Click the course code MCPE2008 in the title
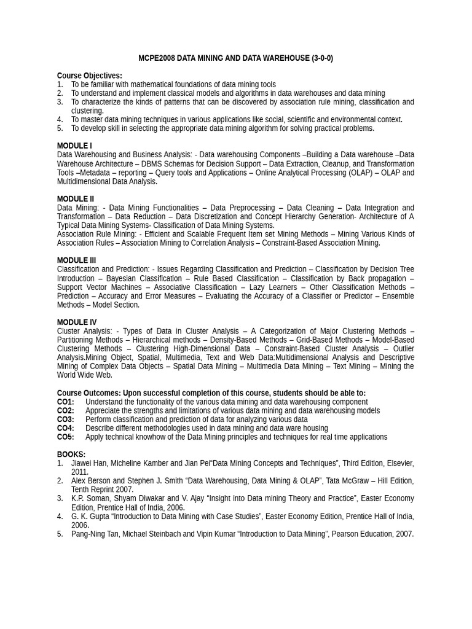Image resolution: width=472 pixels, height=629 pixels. tap(156, 58)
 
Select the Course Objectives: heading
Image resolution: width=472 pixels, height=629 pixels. tap(90, 76)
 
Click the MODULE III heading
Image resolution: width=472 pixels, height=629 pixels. tap(77, 260)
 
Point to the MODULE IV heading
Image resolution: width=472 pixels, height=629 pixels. tap(77, 322)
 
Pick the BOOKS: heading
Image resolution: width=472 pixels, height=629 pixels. tap(71, 455)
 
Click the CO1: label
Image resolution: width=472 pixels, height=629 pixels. tap(66, 402)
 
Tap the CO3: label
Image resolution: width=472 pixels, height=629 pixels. tap(66, 420)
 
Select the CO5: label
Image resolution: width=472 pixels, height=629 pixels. tap(66, 437)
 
